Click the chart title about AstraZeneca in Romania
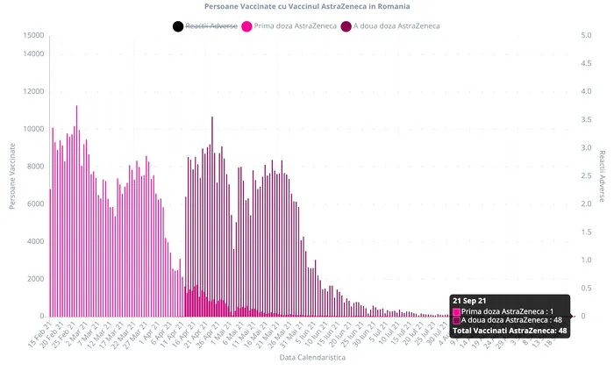point(306,7)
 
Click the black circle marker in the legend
point(178,26)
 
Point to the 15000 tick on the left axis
point(34,36)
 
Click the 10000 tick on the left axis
point(34,129)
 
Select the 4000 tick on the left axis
point(36,241)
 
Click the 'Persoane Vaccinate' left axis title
point(12,175)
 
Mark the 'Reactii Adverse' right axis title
point(603,175)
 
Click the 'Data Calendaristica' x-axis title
point(312,358)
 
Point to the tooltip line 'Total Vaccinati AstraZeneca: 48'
point(509,330)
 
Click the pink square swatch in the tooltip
point(455,310)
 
